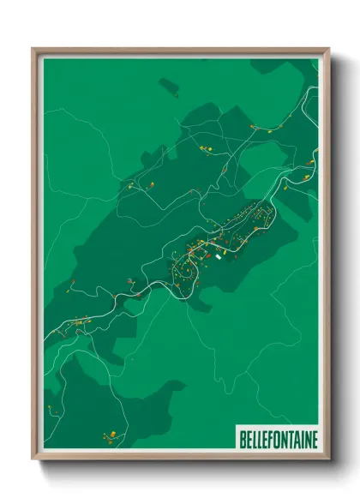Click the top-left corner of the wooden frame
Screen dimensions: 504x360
pos(33,49)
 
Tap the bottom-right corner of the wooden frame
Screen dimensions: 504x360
pos(328,459)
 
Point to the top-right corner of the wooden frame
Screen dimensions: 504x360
pos(328,49)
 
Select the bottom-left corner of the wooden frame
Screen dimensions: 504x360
pos(33,459)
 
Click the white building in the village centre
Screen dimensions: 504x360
pos(218,255)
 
